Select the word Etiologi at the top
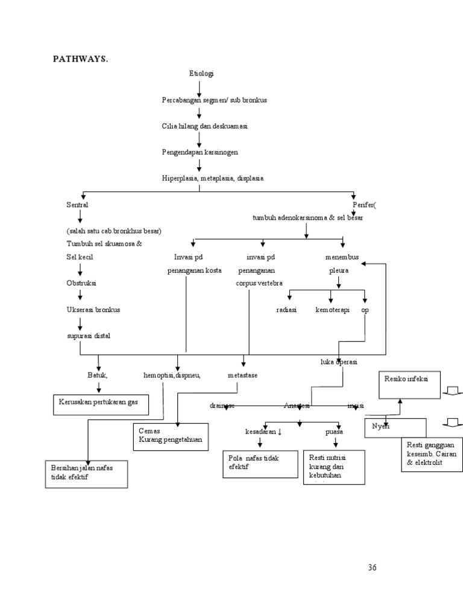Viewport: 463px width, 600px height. [201, 74]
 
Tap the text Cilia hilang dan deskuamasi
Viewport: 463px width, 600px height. [204, 126]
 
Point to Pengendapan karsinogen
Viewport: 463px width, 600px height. [200, 152]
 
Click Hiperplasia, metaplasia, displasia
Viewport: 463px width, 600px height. [212, 178]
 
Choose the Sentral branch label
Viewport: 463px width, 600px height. [77, 205]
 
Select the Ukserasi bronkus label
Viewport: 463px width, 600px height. [93, 310]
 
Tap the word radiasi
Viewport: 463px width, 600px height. [286, 310]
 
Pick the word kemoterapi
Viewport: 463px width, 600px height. [332, 310]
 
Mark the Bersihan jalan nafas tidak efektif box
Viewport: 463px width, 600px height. [87, 474]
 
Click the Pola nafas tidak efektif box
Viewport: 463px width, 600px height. [260, 464]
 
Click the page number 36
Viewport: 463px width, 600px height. [372, 567]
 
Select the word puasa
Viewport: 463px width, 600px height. [334, 432]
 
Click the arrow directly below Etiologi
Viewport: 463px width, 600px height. [200, 88]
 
